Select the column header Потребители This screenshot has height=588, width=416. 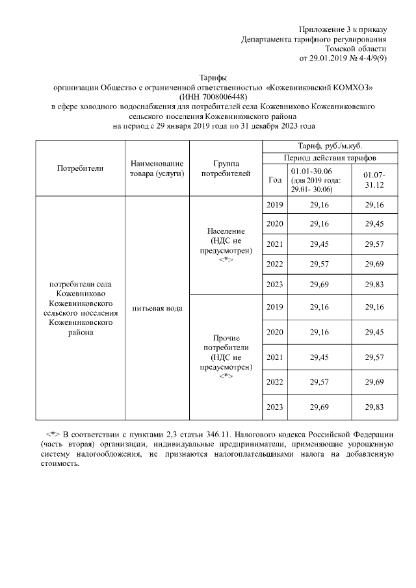81,168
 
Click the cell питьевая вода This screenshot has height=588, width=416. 157,307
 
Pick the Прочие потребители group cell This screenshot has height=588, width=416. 226,357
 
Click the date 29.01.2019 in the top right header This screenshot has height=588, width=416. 330,58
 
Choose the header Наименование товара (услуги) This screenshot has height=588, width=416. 157,168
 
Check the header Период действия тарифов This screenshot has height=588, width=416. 328,158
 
